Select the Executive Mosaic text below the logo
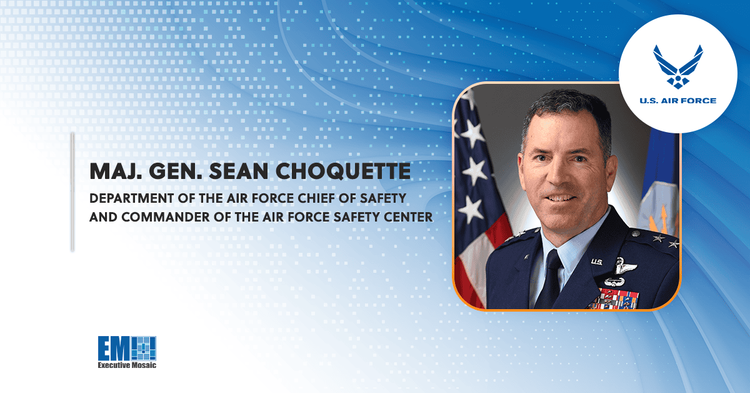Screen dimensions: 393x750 (x=126, y=364)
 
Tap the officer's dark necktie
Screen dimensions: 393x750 (x=552, y=275)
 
